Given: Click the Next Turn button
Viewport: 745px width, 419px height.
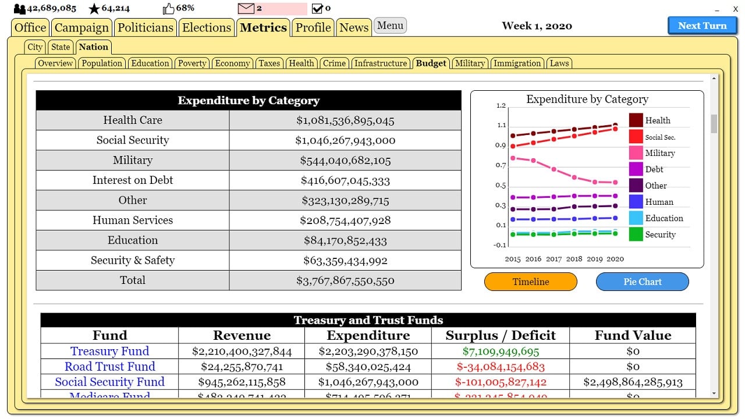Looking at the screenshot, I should pyautogui.click(x=702, y=26).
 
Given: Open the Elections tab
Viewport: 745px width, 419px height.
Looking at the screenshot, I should pyautogui.click(x=207, y=27).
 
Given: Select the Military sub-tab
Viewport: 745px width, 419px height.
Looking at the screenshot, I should pyautogui.click(x=470, y=63).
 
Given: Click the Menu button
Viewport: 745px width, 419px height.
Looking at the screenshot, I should pyautogui.click(x=390, y=26).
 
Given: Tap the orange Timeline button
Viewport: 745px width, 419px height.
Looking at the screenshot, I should pyautogui.click(x=530, y=282).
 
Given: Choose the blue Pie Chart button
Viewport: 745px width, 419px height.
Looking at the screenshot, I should pyautogui.click(x=642, y=282).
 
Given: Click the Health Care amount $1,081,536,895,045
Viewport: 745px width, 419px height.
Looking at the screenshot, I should pyautogui.click(x=345, y=120).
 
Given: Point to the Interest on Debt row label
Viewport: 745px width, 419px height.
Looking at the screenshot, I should pyautogui.click(x=133, y=180).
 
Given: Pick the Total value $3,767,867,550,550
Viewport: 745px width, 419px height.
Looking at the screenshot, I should pyautogui.click(x=345, y=280).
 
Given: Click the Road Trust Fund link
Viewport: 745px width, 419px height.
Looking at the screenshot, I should pyautogui.click(x=109, y=367).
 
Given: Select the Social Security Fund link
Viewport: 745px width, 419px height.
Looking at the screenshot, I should pyautogui.click(x=109, y=382).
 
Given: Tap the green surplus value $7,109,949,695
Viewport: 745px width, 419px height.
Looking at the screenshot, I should pyautogui.click(x=501, y=351).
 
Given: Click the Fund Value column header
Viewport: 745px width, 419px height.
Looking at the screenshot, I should pyautogui.click(x=633, y=335).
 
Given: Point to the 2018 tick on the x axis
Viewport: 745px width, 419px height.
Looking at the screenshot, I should pyautogui.click(x=574, y=259).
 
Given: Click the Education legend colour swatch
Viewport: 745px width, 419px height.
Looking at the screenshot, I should pyautogui.click(x=636, y=218).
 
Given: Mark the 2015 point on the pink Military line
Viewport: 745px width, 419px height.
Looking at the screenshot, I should pyautogui.click(x=513, y=158).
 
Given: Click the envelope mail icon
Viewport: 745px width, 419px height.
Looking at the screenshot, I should pyautogui.click(x=246, y=9).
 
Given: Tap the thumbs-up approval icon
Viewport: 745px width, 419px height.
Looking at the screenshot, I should pyautogui.click(x=168, y=9).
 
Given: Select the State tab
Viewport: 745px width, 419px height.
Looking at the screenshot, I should pyautogui.click(x=61, y=47).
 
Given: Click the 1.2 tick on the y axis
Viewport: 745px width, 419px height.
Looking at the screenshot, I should pyautogui.click(x=501, y=106).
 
